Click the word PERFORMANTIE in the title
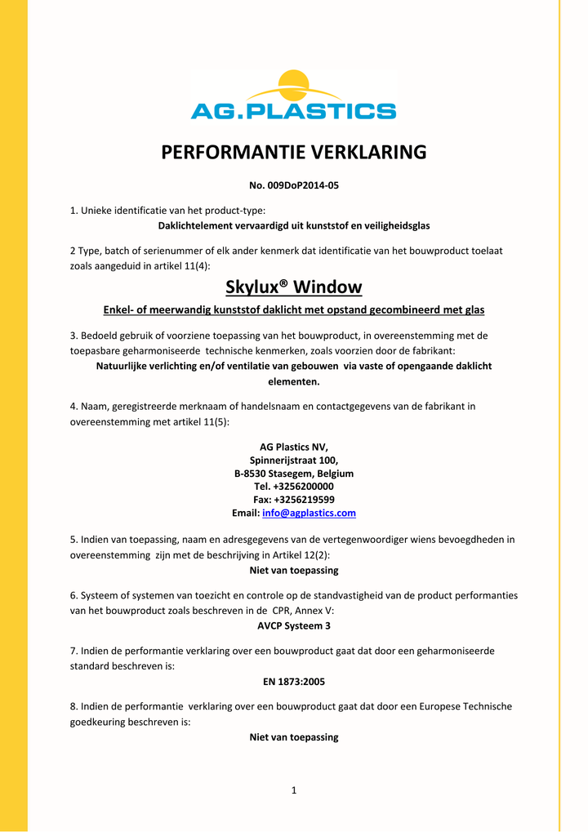coord(219,152)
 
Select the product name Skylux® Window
coord(293,287)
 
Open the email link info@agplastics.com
coord(309,513)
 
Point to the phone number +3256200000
coord(303,487)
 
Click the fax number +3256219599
coord(304,500)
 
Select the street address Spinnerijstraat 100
coord(293,460)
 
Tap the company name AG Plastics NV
coord(293,447)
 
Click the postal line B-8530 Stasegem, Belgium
coord(293,474)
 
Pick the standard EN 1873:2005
coord(293,681)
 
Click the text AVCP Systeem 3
coord(293,625)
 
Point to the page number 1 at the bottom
coord(293,790)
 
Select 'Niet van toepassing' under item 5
coord(293,570)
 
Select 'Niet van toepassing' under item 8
coord(293,736)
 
